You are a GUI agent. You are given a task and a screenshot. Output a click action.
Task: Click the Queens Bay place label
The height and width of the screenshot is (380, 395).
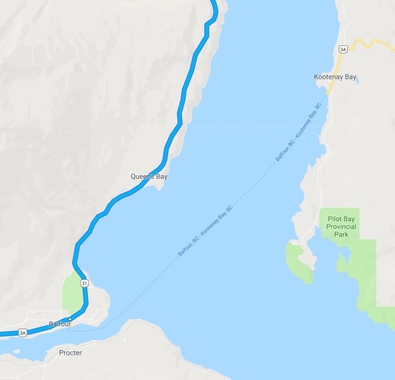click(x=149, y=176)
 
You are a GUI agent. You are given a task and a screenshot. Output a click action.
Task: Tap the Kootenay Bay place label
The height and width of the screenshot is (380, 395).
click(x=335, y=77)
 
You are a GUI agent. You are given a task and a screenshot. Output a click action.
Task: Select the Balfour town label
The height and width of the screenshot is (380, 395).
click(x=60, y=324)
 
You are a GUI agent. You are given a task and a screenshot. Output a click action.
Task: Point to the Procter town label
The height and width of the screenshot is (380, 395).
click(x=70, y=352)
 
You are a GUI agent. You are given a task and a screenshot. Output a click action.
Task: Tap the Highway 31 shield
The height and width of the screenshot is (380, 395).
click(x=84, y=283)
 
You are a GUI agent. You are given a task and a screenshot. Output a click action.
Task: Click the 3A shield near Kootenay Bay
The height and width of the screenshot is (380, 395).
click(x=343, y=49)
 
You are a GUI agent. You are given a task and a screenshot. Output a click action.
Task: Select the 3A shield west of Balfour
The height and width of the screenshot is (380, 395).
click(x=23, y=333)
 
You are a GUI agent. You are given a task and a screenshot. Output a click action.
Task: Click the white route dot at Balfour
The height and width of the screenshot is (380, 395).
click(x=70, y=319)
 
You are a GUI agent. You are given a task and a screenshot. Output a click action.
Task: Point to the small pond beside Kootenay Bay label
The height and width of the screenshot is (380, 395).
click(x=358, y=82)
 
